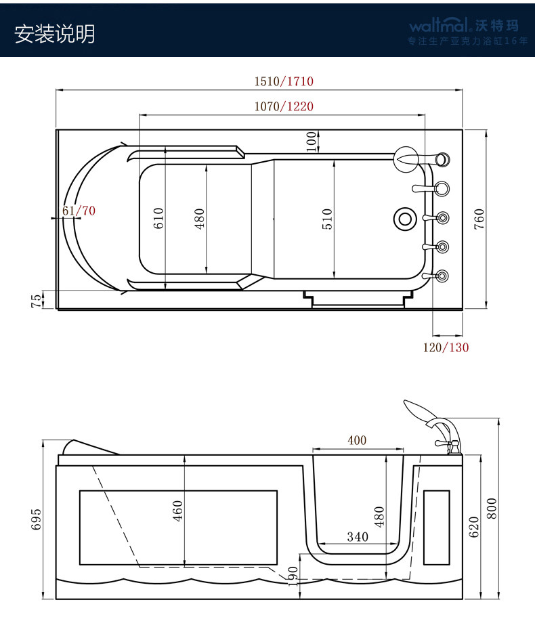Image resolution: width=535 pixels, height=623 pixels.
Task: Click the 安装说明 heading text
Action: [55, 34]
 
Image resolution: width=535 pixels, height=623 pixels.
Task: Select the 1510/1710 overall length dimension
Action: [284, 81]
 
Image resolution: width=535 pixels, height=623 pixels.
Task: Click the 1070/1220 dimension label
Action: [284, 106]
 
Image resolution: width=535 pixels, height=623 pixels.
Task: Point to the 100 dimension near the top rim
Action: [312, 142]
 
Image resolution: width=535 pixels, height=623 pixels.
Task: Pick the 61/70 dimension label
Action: [79, 211]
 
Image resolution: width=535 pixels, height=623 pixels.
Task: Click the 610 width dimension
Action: [158, 218]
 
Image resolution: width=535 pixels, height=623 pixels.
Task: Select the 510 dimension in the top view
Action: [327, 219]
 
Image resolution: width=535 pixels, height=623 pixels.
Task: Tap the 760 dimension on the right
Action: [479, 219]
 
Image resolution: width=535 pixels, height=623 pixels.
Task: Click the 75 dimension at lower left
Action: [36, 301]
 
